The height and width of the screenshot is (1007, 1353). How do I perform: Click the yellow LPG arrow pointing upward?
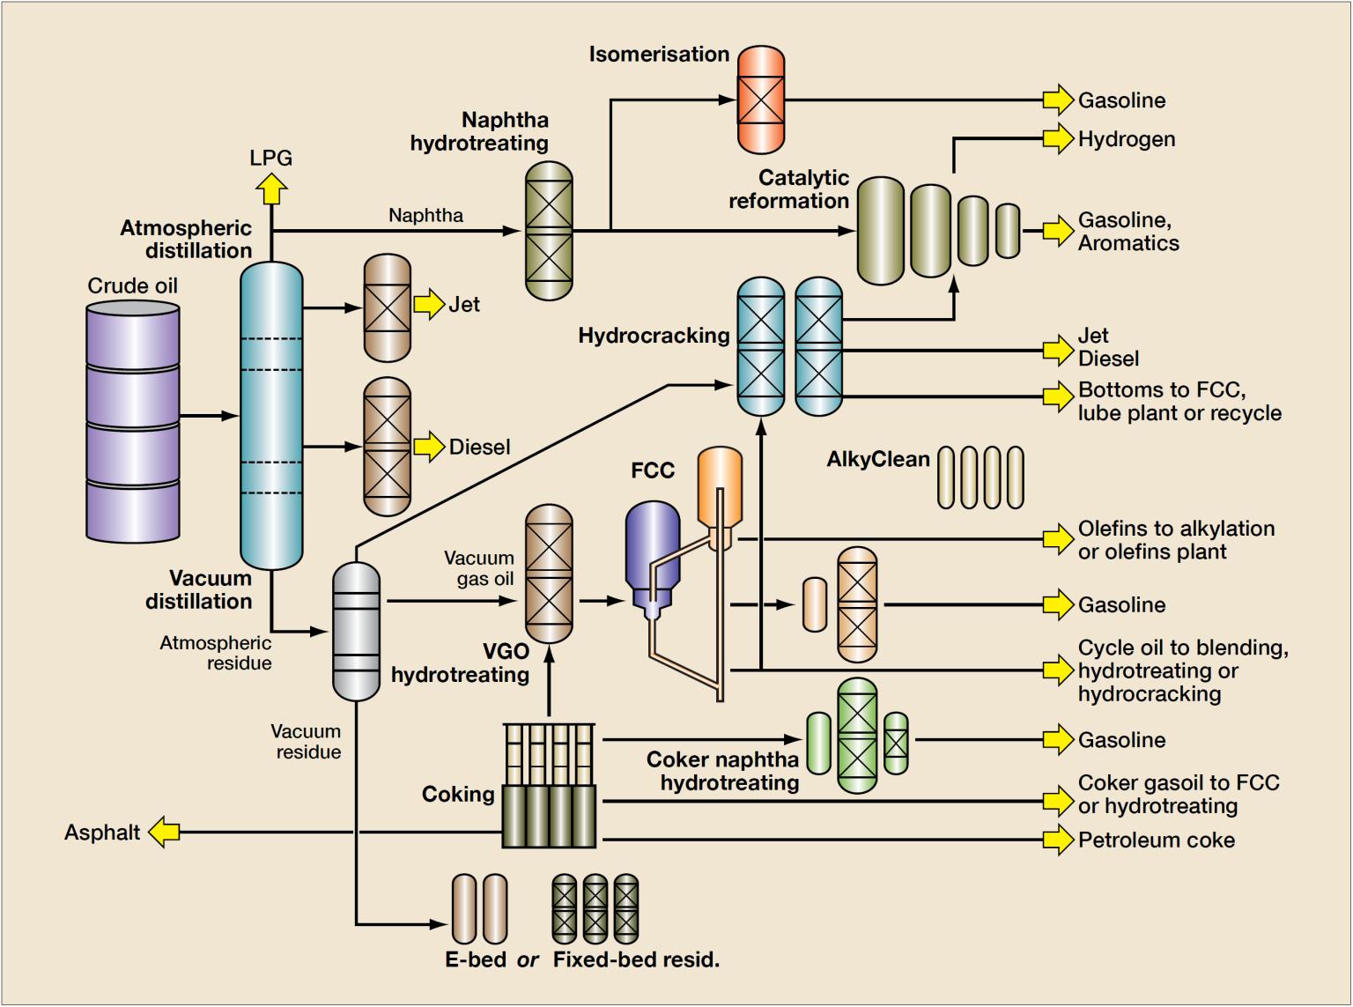(271, 188)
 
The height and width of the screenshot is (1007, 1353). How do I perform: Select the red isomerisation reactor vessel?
(760, 100)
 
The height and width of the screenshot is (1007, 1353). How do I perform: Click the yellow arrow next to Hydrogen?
(1058, 139)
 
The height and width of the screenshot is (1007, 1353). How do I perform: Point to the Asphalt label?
(102, 833)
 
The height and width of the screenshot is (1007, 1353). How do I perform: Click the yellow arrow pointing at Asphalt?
(164, 832)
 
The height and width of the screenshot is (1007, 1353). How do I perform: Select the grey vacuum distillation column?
(357, 631)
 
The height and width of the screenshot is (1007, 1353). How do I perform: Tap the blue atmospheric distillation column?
(271, 415)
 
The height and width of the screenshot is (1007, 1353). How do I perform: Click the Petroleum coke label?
(1156, 840)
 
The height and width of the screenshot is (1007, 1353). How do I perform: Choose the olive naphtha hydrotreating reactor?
(549, 231)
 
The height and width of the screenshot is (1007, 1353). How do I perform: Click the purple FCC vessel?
(653, 548)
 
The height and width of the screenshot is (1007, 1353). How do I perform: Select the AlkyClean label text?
(877, 460)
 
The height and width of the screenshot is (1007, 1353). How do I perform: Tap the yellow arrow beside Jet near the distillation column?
(429, 305)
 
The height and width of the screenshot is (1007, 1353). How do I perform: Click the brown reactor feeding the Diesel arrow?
(388, 447)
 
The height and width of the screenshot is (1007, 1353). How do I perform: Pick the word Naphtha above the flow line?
(425, 215)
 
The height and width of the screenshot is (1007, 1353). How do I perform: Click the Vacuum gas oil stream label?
(479, 568)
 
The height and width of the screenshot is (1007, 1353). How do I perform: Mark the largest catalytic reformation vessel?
(881, 231)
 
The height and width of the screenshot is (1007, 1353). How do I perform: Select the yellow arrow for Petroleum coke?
(1058, 840)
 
